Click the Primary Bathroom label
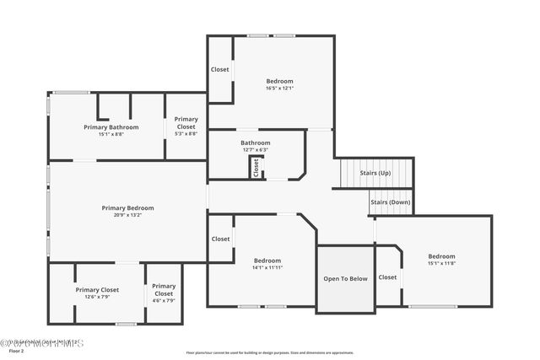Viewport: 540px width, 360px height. (111, 126)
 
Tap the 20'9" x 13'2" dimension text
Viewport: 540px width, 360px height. (127, 215)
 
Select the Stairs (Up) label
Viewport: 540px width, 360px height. (375, 173)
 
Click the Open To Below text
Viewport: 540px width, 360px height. (345, 278)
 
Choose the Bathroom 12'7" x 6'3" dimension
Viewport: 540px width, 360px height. (256, 150)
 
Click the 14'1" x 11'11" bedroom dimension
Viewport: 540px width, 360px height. (267, 268)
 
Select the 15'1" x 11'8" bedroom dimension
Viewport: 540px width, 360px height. (441, 263)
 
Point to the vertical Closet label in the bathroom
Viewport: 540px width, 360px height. (256, 167)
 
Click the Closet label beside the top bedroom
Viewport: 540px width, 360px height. (220, 69)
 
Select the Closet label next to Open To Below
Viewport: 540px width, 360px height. (387, 277)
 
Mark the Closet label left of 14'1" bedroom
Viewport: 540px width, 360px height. (220, 239)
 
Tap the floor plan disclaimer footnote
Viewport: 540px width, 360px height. (270, 352)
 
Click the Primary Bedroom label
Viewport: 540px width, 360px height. (127, 207)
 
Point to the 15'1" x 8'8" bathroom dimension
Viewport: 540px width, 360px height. (111, 133)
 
